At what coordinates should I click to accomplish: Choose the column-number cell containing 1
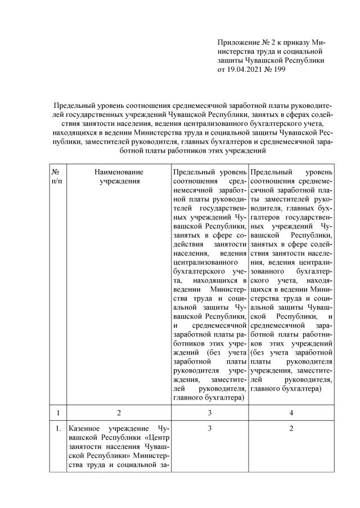(56, 413)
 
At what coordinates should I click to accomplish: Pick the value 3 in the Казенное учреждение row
(209, 430)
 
